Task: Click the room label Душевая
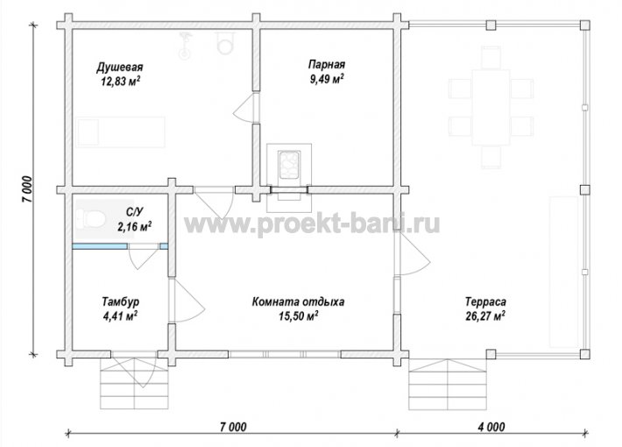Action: [119, 67]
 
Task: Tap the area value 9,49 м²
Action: [327, 79]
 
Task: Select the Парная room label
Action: [327, 64]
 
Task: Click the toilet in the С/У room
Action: [91, 218]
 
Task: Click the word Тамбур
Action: [120, 302]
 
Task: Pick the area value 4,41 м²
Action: [120, 316]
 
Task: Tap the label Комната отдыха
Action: [298, 302]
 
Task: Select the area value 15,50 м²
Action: [298, 316]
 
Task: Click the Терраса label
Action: [485, 302]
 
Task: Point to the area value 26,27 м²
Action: [485, 316]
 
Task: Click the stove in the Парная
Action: [289, 165]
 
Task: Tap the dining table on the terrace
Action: [491, 107]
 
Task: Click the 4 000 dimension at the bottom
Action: [491, 427]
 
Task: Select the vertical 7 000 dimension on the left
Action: [29, 189]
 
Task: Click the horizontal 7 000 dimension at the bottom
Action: [233, 427]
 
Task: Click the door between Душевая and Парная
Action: [247, 107]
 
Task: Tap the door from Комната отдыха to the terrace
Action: [413, 254]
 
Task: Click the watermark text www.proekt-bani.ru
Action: [312, 224]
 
